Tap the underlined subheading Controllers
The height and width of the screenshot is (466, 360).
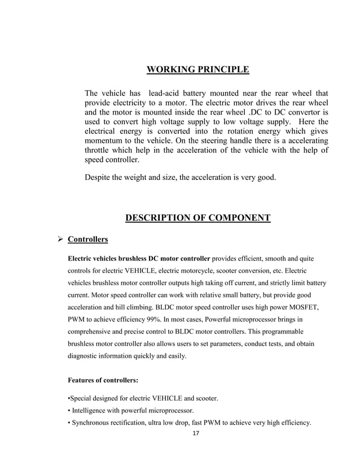tap(87, 240)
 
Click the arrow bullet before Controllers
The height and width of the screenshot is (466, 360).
tap(56, 240)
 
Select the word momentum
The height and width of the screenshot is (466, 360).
tap(107, 139)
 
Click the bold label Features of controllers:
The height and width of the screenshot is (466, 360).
tap(103, 380)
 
